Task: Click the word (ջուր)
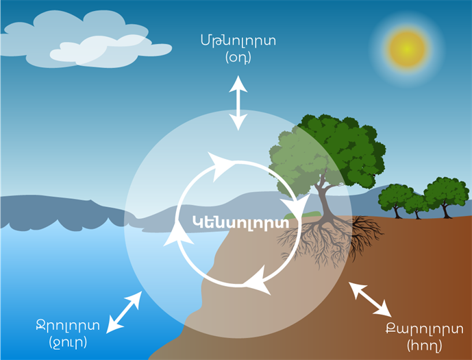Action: pyautogui.click(x=68, y=341)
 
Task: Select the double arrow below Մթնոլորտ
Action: pyautogui.click(x=238, y=103)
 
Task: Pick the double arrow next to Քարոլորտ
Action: pyautogui.click(x=370, y=300)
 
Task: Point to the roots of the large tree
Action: pyautogui.click(x=322, y=240)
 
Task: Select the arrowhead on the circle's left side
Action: pyautogui.click(x=180, y=237)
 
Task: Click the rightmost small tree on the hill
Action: pyautogui.click(x=445, y=194)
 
